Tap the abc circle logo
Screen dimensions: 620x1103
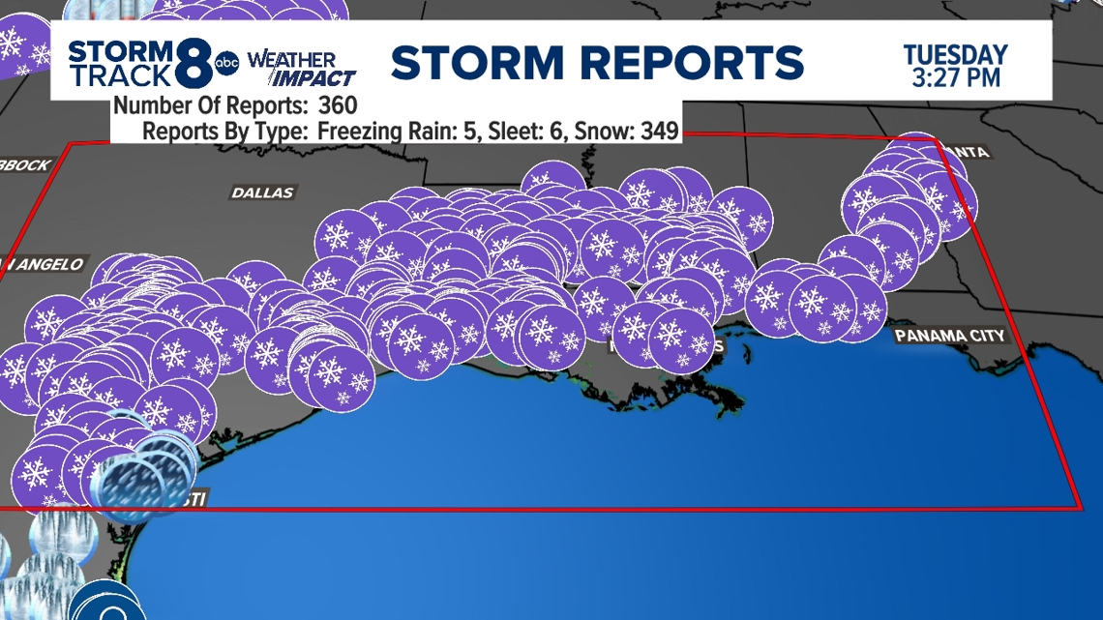click(226, 64)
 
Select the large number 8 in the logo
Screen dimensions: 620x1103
click(196, 64)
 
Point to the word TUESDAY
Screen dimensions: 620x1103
click(955, 54)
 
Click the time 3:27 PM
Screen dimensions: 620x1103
click(956, 76)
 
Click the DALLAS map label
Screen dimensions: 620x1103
click(262, 193)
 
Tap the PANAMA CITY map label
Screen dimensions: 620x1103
click(949, 336)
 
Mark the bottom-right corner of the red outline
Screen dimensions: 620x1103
click(1080, 507)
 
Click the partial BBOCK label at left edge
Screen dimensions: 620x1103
click(25, 165)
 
